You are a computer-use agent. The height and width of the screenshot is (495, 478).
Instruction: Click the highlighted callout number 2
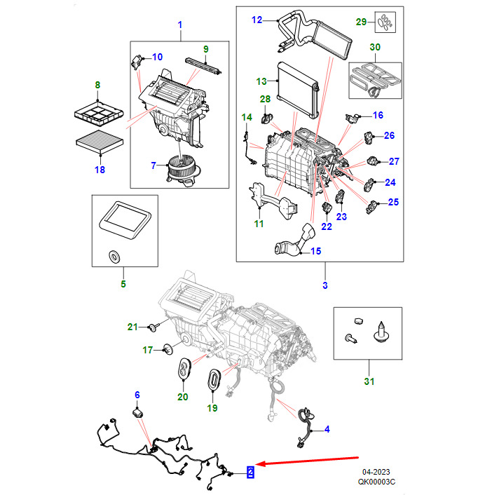[x=249, y=473]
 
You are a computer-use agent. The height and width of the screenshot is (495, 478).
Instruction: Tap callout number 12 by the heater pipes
[x=256, y=20]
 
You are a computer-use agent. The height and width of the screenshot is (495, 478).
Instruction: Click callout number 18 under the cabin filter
[x=98, y=170]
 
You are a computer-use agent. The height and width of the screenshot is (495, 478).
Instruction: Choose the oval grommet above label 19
[x=212, y=379]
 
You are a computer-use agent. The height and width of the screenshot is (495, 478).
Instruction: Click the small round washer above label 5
[x=111, y=256]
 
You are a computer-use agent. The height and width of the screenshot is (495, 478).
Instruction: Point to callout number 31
[x=369, y=381]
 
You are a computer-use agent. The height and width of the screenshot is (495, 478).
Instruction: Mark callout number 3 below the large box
[x=325, y=285]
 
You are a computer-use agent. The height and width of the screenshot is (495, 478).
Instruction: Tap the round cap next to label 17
[x=168, y=348]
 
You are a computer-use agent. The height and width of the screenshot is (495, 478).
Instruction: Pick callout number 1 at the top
[x=179, y=26]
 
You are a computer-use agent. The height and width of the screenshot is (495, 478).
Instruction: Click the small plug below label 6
[x=139, y=414]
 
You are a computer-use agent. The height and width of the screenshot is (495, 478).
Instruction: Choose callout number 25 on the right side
[x=393, y=203]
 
